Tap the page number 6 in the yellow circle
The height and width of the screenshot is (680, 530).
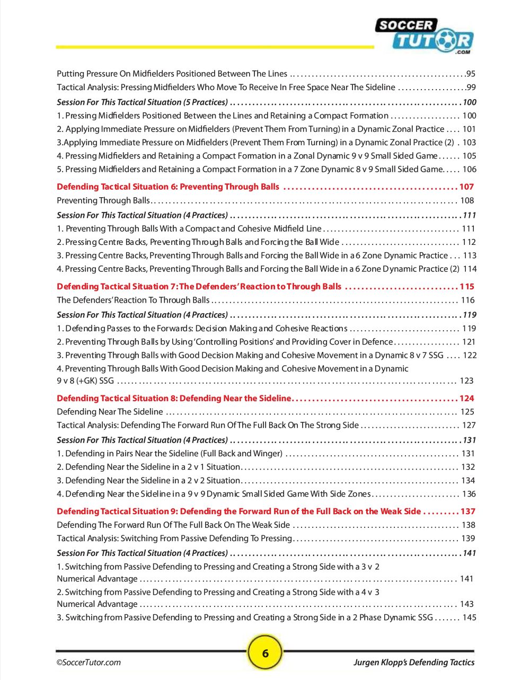265,652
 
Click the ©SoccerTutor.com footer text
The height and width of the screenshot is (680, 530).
89,662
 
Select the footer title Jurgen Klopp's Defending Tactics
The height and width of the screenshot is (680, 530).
414,662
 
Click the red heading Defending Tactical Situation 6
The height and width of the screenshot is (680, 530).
167,187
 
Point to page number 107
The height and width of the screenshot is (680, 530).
466,187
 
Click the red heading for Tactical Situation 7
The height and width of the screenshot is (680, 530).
199,286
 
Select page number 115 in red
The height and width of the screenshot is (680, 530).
466,286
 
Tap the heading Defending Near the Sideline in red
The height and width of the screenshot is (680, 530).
174,398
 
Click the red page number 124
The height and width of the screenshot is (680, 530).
466,398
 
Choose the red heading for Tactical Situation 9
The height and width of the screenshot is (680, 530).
238,511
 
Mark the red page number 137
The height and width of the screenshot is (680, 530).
467,511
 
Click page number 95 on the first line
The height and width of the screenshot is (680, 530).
471,74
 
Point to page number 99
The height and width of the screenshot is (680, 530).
471,87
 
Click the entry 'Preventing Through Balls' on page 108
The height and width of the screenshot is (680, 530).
103,200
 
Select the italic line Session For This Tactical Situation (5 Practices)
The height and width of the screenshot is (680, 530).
142,102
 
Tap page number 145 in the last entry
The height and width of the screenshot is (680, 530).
469,617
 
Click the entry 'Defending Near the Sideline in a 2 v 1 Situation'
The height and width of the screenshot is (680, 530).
148,467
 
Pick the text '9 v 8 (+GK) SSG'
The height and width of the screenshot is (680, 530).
85,381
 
